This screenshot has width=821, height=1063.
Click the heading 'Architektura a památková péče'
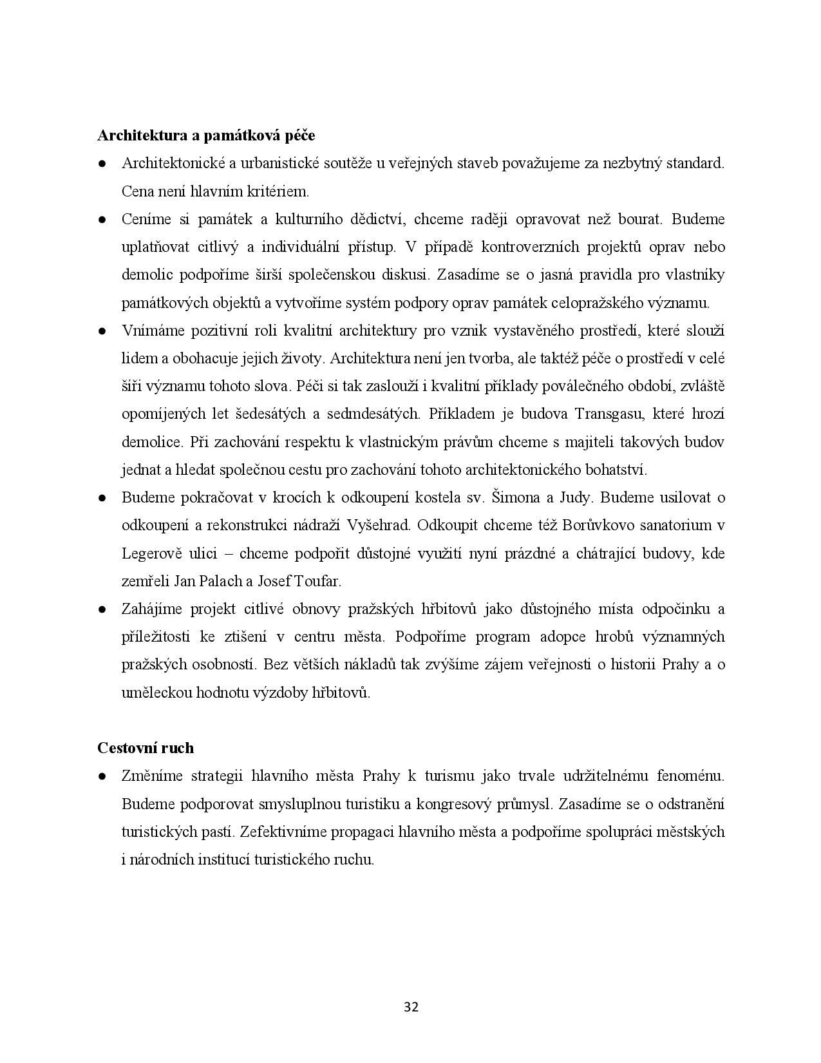(x=206, y=136)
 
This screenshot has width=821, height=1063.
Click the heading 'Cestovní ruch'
(x=146, y=748)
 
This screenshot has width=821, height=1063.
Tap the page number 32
(x=411, y=1007)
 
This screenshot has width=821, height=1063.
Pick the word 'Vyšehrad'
(x=379, y=525)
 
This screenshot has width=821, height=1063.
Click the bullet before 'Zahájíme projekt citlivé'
(x=102, y=609)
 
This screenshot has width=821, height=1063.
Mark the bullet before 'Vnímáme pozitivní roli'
(x=102, y=331)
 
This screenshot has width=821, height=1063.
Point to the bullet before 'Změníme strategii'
(x=102, y=776)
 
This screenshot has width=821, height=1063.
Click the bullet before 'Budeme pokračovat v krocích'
(x=102, y=498)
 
